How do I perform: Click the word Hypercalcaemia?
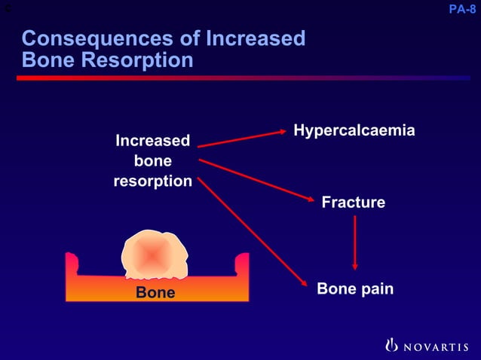(x=354, y=130)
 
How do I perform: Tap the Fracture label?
(x=353, y=202)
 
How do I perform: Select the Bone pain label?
(x=354, y=288)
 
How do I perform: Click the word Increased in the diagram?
(x=152, y=141)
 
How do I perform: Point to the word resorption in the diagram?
(x=152, y=182)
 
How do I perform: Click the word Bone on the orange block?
(x=155, y=292)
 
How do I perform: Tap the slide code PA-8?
(x=461, y=10)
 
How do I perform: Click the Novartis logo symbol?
(x=391, y=346)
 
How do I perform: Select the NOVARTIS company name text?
(x=436, y=346)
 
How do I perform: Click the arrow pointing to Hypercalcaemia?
(x=241, y=139)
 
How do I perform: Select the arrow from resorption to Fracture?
(x=256, y=181)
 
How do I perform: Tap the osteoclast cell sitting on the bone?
(x=153, y=255)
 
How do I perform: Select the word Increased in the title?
(x=248, y=38)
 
